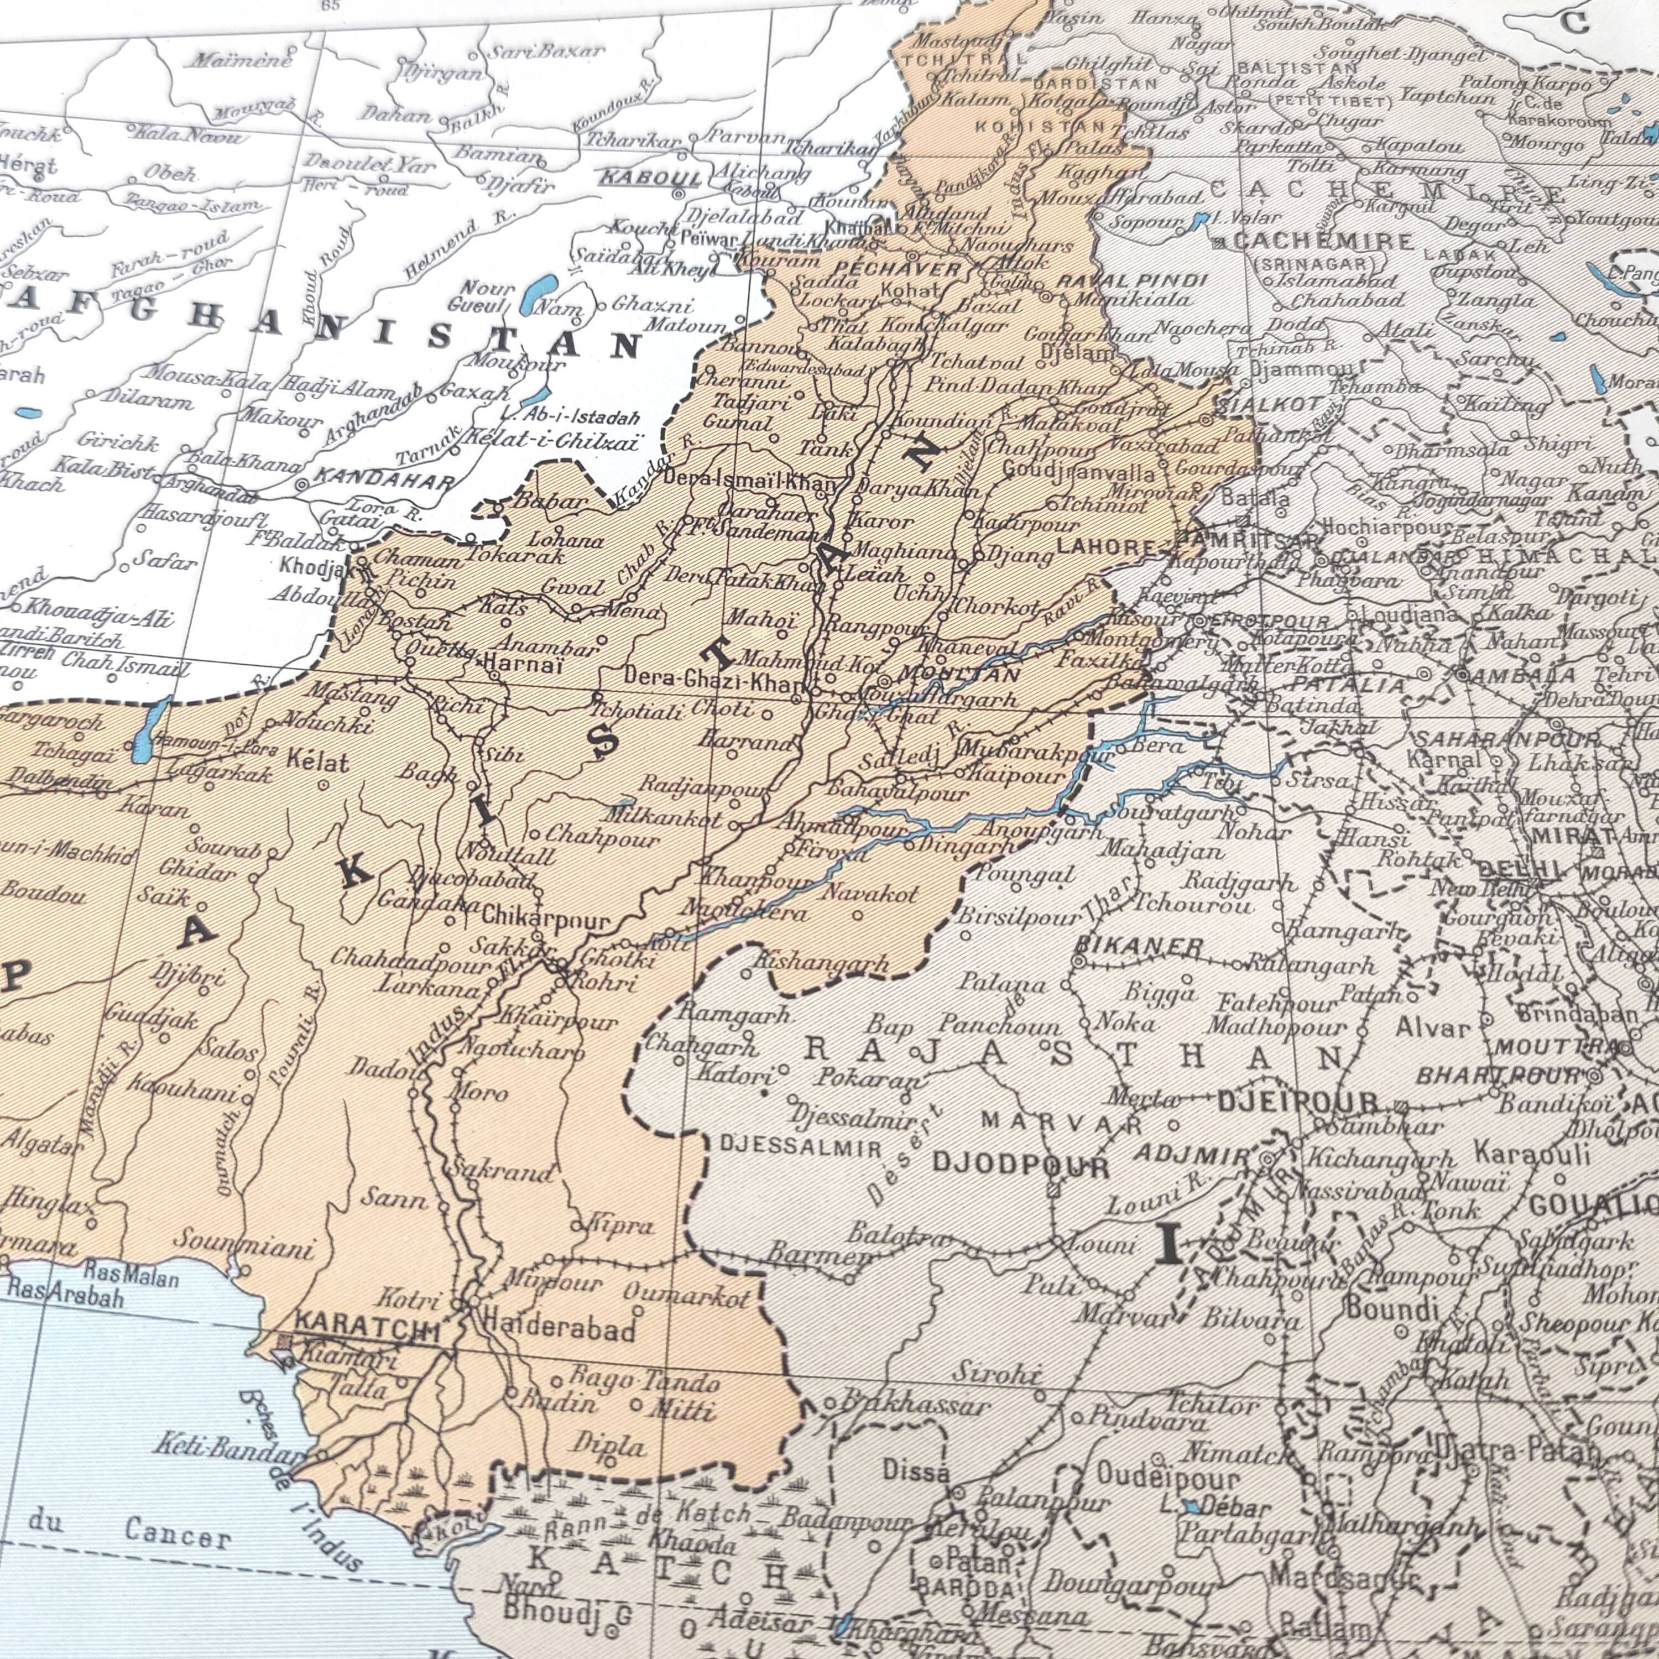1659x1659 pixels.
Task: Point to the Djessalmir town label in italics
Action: point(854,1118)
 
